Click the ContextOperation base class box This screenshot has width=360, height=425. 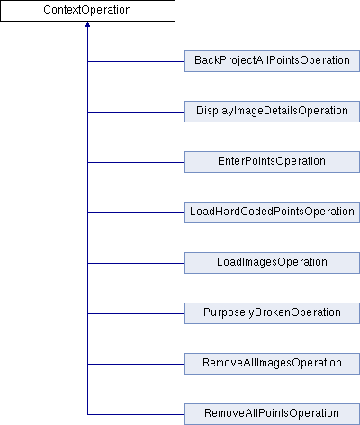pyautogui.click(x=87, y=11)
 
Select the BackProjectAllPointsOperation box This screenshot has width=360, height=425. pyautogui.click(x=272, y=61)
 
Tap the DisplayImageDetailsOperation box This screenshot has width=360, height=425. pyautogui.click(x=272, y=112)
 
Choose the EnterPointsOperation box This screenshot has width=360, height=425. pyautogui.click(x=272, y=162)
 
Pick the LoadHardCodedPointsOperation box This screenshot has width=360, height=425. pyautogui.click(x=272, y=212)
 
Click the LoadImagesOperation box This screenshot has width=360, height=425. pyautogui.click(x=272, y=263)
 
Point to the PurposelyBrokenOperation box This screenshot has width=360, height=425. pyautogui.click(x=272, y=313)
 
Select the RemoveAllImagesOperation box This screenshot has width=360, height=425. pyautogui.click(x=272, y=364)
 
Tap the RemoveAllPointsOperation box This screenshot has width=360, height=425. pyautogui.click(x=272, y=414)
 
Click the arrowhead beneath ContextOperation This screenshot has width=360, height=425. pyautogui.click(x=87, y=24)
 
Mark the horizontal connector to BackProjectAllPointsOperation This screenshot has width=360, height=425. pyautogui.click(x=136, y=61)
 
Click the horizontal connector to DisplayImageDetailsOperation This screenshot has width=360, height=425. pyautogui.click(x=136, y=112)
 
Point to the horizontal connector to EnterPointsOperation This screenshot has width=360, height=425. pyautogui.click(x=136, y=162)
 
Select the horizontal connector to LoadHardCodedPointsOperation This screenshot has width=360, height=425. pyautogui.click(x=136, y=212)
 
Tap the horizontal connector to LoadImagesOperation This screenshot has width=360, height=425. pyautogui.click(x=136, y=263)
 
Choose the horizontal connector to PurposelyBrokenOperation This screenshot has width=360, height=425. pyautogui.click(x=136, y=313)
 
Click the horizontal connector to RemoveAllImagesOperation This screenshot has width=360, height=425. pyautogui.click(x=136, y=364)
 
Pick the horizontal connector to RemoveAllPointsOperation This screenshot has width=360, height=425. pyautogui.click(x=136, y=414)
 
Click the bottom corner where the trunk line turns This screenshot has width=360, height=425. pyautogui.click(x=87, y=414)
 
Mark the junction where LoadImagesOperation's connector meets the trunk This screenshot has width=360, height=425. pyautogui.click(x=87, y=263)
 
